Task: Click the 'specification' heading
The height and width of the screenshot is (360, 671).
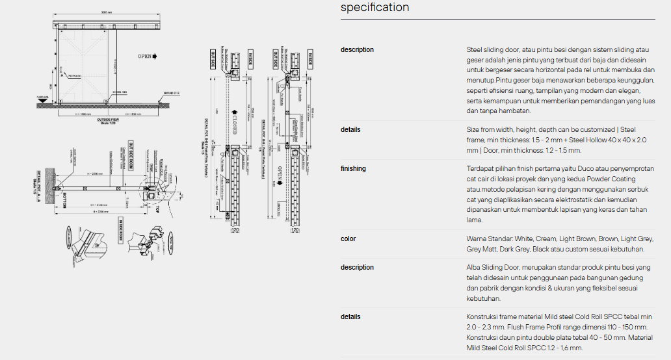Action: (x=375, y=8)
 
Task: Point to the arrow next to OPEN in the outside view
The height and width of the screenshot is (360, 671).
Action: (x=155, y=57)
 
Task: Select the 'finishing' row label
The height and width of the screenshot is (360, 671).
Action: (x=353, y=169)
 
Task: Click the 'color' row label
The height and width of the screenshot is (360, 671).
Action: (x=349, y=239)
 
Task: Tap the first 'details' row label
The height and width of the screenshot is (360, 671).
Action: (x=350, y=130)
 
